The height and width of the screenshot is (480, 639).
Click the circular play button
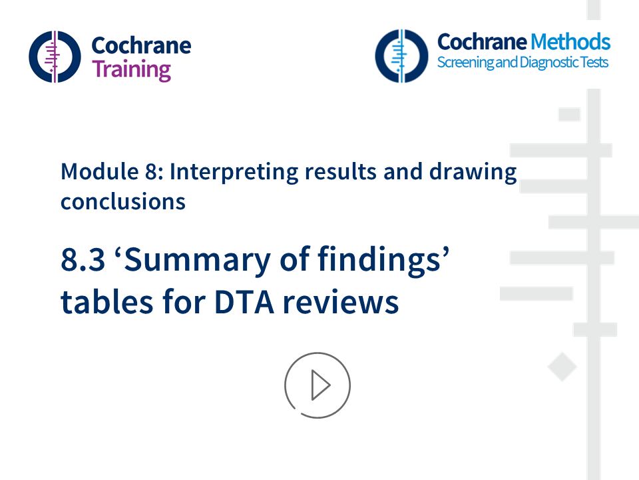click(x=318, y=385)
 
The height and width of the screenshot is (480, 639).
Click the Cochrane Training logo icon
click(x=55, y=56)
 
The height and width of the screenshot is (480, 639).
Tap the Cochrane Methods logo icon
click(x=401, y=55)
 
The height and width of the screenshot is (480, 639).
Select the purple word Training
click(x=131, y=69)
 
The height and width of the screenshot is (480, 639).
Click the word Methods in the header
click(x=570, y=42)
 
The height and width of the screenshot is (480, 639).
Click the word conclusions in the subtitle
click(x=123, y=201)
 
